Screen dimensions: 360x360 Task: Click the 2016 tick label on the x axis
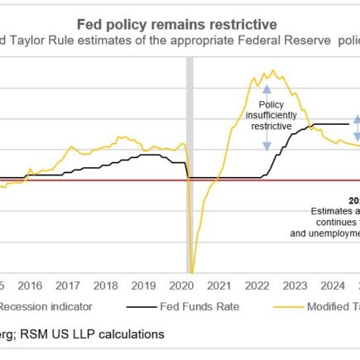(x=30, y=286)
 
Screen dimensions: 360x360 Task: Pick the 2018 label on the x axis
(x=106, y=286)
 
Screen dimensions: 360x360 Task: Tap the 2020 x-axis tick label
(x=181, y=286)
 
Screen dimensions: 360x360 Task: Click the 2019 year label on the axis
(x=144, y=286)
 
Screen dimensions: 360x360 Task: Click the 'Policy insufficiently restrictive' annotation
(x=267, y=117)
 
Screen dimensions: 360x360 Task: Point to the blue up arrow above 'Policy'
(x=267, y=90)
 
